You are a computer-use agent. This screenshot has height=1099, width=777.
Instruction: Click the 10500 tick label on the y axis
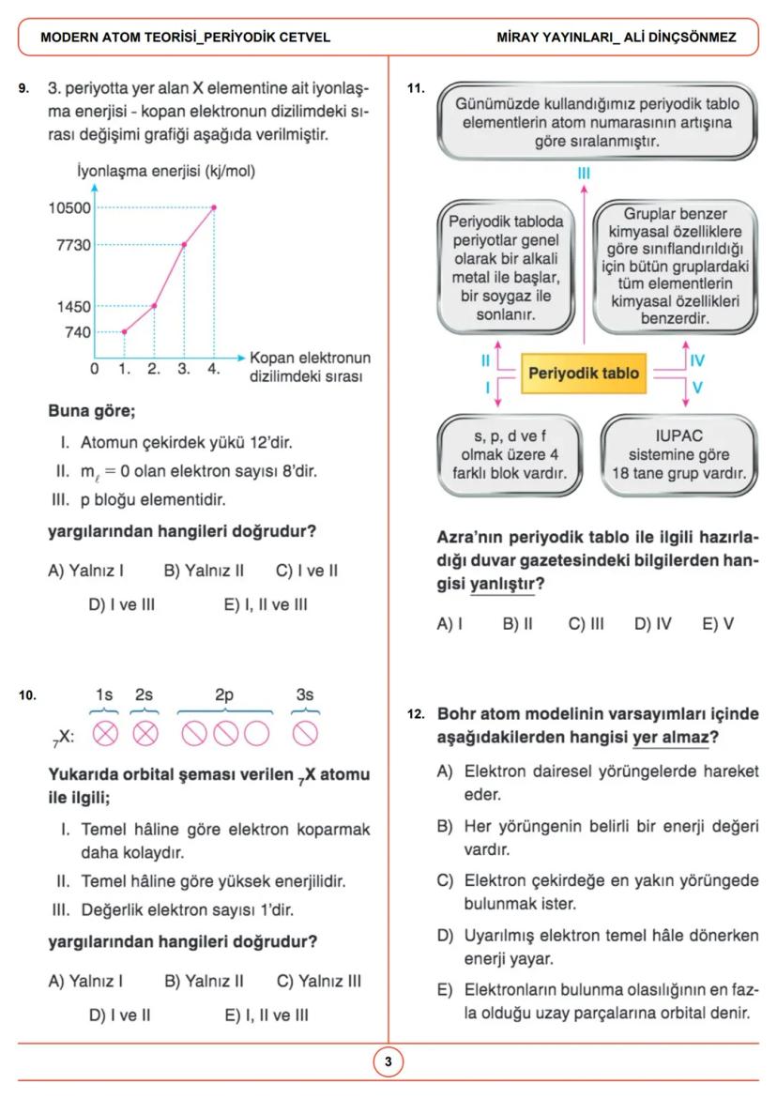tap(70, 207)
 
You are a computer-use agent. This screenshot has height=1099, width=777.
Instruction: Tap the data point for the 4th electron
tap(214, 207)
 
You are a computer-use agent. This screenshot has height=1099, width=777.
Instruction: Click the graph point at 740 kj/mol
tap(124, 331)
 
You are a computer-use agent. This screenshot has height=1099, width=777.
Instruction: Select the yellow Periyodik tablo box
tap(584, 373)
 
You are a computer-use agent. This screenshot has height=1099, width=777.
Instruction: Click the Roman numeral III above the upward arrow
tap(584, 174)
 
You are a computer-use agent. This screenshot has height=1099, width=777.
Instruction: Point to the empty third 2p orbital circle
tap(256, 733)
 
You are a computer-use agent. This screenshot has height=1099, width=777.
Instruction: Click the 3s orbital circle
tap(305, 733)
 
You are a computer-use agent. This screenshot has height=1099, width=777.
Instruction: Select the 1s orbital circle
tap(105, 733)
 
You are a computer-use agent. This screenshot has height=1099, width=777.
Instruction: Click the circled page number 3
tap(388, 1062)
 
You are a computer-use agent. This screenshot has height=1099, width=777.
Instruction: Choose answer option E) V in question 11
tap(718, 623)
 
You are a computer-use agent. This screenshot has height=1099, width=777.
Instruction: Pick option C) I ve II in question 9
tap(307, 570)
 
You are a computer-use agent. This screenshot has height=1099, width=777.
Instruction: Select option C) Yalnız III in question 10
tap(318, 982)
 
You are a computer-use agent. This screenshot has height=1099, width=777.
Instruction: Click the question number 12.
tap(417, 714)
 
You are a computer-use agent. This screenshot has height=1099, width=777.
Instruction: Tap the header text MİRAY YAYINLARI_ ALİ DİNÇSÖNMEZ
tap(617, 38)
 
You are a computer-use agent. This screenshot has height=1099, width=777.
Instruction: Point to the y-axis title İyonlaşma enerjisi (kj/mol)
tap(166, 172)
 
